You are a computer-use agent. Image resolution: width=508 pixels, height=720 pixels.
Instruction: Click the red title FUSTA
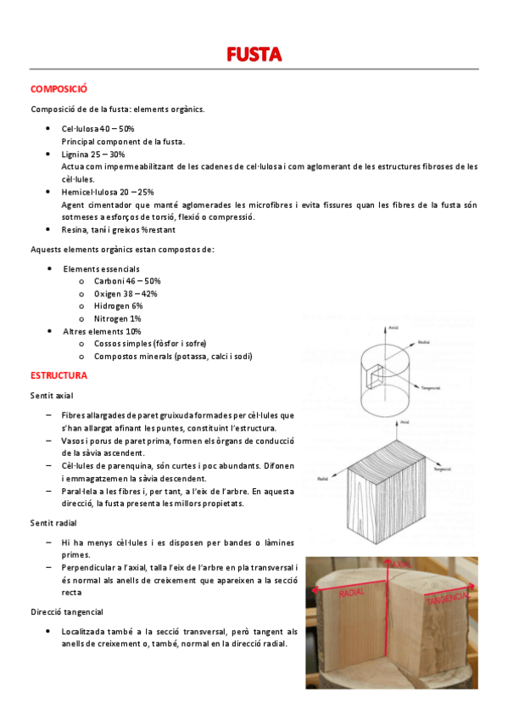click(254, 55)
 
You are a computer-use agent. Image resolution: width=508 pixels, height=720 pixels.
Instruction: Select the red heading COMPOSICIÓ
click(59, 88)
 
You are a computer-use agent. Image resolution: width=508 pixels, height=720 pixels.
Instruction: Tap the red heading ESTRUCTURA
click(59, 374)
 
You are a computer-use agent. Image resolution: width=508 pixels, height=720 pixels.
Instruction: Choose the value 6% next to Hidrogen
click(137, 306)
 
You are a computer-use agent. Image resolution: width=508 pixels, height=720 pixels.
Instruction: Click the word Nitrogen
click(112, 318)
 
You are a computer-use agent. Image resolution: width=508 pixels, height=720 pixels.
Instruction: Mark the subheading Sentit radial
click(53, 522)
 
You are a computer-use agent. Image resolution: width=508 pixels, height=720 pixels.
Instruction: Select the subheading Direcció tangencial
click(67, 611)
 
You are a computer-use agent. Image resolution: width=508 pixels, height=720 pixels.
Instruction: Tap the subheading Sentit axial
click(52, 396)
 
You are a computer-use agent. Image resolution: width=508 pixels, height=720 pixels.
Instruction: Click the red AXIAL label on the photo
click(401, 563)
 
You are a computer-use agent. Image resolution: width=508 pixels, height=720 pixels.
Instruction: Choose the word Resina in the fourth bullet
click(75, 230)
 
